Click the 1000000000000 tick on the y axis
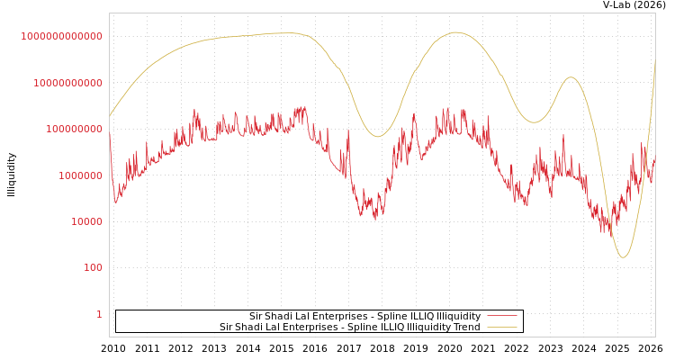[62, 36]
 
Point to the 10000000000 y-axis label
[67, 83]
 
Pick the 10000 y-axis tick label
[86, 221]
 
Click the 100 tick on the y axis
[93, 268]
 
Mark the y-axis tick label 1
[99, 314]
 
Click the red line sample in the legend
[502, 316]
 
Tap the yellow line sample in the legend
[502, 328]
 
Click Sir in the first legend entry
[256, 317]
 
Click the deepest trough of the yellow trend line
[623, 257]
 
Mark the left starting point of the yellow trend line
[110, 116]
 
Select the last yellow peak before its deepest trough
[570, 76]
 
